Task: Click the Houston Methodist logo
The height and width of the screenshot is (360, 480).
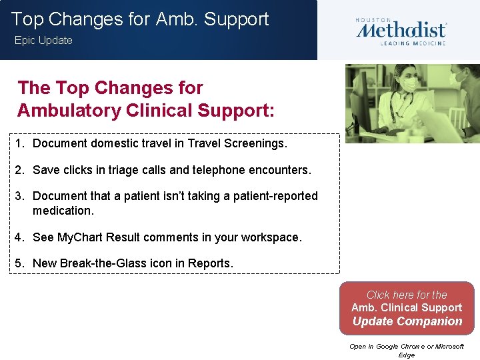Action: [x=401, y=30]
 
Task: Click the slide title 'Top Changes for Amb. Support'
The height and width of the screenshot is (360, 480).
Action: [x=140, y=19]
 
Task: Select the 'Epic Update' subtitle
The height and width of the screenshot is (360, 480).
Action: [x=43, y=41]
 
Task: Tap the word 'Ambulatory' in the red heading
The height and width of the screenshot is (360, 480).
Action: [x=63, y=109]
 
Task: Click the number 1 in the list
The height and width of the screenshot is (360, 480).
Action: [x=21, y=143]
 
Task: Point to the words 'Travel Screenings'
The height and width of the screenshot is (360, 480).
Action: [x=236, y=143]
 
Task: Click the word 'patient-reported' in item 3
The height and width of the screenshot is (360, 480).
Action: [x=275, y=196]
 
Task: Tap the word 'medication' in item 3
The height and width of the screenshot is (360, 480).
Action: [x=63, y=211]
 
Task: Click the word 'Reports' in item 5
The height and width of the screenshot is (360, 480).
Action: [x=209, y=263]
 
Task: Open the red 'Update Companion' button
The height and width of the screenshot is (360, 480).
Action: [x=407, y=321]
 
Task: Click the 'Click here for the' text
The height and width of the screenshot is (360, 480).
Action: [x=407, y=295]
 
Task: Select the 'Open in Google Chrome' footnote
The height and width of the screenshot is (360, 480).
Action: [x=407, y=347]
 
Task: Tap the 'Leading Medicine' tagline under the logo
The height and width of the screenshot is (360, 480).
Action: [x=413, y=43]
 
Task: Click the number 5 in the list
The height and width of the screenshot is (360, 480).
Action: [x=21, y=263]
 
